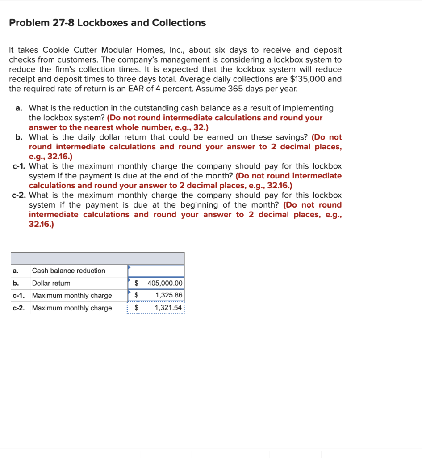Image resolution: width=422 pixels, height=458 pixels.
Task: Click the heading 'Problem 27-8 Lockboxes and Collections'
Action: click(x=107, y=23)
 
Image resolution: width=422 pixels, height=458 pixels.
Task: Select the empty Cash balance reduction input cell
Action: click(x=156, y=271)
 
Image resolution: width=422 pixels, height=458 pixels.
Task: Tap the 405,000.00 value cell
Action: click(x=165, y=283)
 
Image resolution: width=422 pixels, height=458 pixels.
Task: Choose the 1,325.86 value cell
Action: click(x=169, y=295)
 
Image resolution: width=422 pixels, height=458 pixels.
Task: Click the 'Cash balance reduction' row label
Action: click(x=69, y=271)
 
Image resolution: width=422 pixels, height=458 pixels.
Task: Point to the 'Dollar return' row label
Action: click(x=51, y=283)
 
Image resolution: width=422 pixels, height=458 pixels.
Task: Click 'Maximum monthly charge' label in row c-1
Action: click(x=72, y=295)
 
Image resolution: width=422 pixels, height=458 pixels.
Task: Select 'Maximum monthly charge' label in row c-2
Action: click(x=72, y=308)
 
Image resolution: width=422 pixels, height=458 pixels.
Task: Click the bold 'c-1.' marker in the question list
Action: click(x=18, y=166)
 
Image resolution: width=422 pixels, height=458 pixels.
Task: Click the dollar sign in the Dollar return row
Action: click(x=137, y=283)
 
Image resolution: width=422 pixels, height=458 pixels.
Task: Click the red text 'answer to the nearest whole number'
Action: click(x=90, y=127)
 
